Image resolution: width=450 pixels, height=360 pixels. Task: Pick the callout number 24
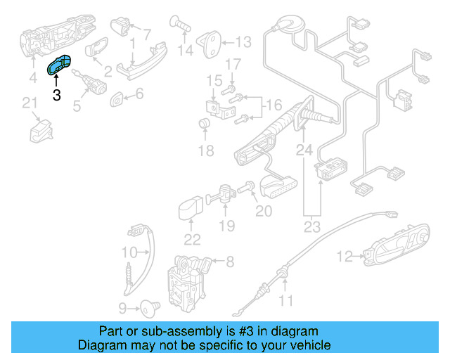[x=303, y=149]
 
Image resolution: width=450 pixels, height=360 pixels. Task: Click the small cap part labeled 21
[x=40, y=131]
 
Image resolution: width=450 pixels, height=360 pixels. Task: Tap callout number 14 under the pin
[x=185, y=51]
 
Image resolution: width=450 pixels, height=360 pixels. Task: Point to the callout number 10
[x=129, y=252]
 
